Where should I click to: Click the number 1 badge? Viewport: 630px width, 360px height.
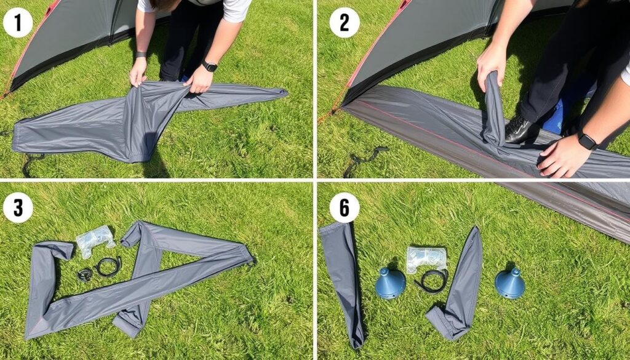click(x=18, y=23)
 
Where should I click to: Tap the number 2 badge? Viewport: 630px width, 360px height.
click(x=345, y=23)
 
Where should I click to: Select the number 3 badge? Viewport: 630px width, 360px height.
click(x=18, y=208)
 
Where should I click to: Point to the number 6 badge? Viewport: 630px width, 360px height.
click(x=345, y=208)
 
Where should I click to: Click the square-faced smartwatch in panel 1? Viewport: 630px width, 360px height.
click(x=210, y=65)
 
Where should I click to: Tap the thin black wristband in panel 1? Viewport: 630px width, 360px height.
click(x=141, y=55)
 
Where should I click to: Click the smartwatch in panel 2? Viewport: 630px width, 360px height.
click(x=588, y=141)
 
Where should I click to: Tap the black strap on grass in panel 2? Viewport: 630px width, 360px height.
click(x=364, y=161)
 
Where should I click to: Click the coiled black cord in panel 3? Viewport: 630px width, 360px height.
click(x=108, y=266)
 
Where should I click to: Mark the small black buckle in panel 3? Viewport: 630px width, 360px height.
click(x=85, y=275)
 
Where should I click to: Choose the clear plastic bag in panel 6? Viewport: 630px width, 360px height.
click(x=426, y=259)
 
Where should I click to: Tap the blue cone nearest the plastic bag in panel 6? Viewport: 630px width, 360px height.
click(x=390, y=283)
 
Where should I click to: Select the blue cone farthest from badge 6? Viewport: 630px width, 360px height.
click(x=510, y=283)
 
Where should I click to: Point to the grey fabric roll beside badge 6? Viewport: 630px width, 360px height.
click(x=343, y=283)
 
